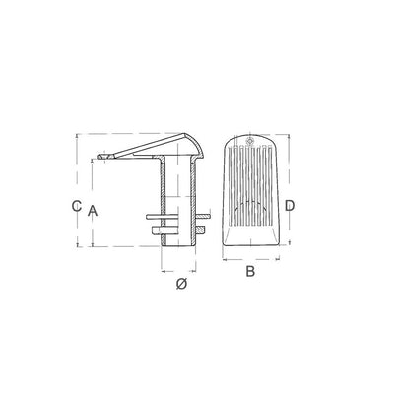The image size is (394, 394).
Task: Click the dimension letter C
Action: coord(77,206)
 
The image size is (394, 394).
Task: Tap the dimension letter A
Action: coord(93,211)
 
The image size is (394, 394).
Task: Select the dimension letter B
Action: coord(250,271)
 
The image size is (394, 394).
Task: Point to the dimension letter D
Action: coord(290,206)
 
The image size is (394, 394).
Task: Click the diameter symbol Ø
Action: coord(181,284)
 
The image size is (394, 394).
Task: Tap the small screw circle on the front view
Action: coord(250,141)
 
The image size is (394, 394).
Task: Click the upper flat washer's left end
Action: coord(147,217)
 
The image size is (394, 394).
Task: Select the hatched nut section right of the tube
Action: coord(200,230)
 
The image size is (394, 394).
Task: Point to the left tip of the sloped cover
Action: coord(98,157)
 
